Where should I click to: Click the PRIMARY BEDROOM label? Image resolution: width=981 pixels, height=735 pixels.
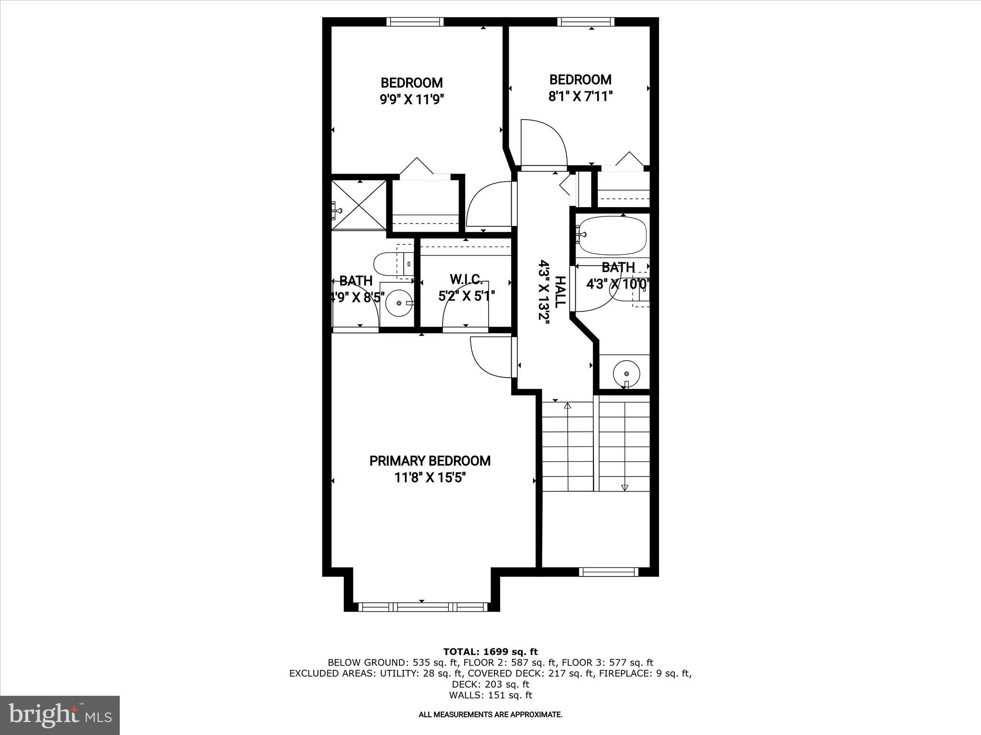430,461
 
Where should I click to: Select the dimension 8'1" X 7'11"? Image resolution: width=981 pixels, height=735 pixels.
580,97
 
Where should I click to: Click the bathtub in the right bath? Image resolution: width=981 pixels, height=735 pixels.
612,235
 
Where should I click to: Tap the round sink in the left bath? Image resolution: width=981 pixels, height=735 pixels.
399,303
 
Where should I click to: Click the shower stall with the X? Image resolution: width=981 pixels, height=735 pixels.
359,205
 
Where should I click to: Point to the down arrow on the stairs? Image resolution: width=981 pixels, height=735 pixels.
624,487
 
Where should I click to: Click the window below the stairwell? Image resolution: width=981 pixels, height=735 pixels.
608,571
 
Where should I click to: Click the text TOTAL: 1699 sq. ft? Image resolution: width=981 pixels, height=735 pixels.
490,652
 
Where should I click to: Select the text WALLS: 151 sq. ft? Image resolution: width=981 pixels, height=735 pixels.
490,695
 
